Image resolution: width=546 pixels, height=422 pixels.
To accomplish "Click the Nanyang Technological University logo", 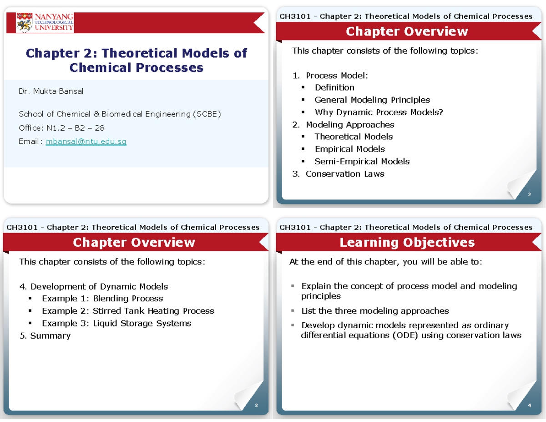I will tap(45, 22).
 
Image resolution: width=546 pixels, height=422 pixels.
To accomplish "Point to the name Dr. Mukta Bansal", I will tap(51, 91).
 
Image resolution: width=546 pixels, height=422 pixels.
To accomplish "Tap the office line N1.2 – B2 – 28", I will tap(61, 128).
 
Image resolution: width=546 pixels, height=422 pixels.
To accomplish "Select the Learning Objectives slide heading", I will tap(407, 243).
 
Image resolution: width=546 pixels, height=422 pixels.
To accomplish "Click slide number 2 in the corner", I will tap(529, 195).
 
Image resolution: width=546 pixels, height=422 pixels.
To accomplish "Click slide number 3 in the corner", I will tap(256, 406).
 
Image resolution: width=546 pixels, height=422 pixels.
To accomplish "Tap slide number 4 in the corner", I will tap(529, 406).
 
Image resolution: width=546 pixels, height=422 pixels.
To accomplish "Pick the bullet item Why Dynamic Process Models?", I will tap(379, 112).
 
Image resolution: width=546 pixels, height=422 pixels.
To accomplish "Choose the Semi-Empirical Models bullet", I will tap(362, 161).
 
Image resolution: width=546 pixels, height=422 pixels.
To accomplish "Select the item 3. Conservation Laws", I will tap(339, 174).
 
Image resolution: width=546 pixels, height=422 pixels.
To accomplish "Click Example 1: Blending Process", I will tap(102, 299).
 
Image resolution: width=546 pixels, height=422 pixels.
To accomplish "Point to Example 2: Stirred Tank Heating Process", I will tap(127, 311).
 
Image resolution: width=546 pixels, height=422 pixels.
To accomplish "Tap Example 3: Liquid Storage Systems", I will tap(116, 323).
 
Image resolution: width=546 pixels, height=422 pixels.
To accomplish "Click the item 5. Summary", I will tap(45, 336).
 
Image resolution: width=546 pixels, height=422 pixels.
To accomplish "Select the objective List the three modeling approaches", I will tap(375, 311).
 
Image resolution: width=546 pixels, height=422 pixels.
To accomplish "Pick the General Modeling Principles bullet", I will tap(372, 100).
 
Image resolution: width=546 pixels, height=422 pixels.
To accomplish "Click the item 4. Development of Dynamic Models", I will tap(93, 286).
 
